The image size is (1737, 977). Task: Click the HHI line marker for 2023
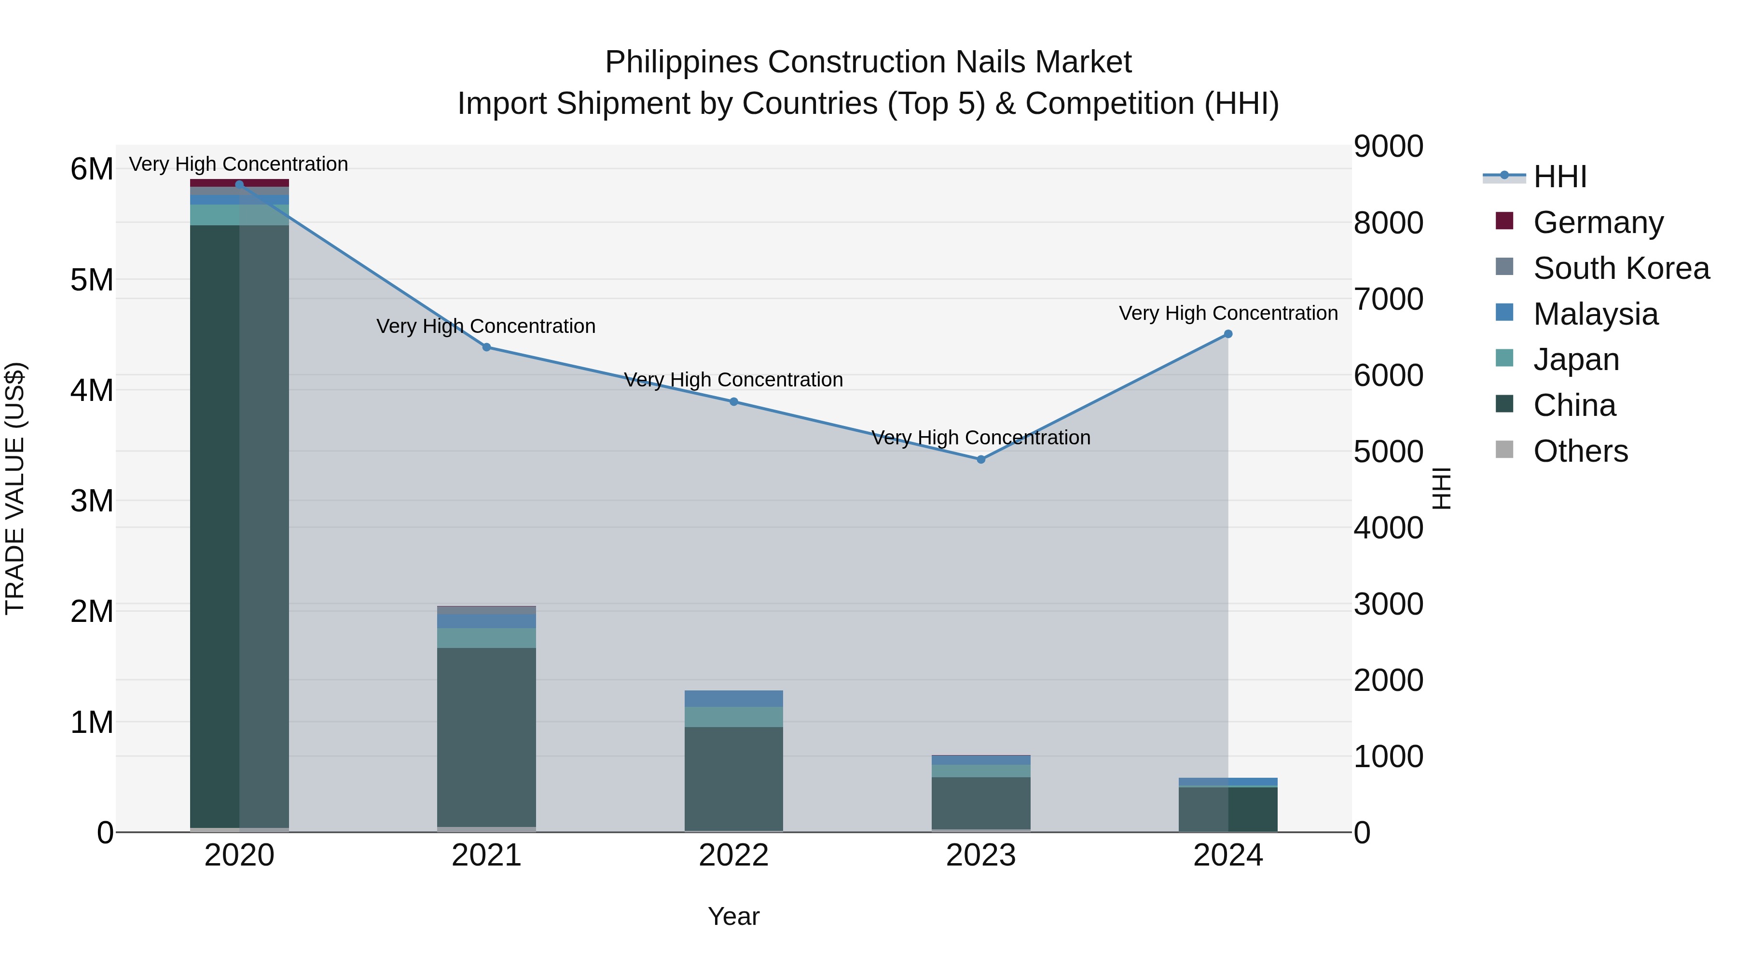click(981, 459)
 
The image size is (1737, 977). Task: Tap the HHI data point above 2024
click(1228, 334)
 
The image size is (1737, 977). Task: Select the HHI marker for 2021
click(486, 347)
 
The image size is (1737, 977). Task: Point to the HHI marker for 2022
click(733, 402)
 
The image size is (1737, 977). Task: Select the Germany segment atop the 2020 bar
click(239, 183)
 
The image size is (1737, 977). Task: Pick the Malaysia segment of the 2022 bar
click(733, 699)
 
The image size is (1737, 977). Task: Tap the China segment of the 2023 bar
click(981, 802)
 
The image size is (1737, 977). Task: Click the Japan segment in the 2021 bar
click(486, 638)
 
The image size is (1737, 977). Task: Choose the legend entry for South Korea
click(1621, 268)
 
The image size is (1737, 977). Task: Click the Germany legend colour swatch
click(1504, 221)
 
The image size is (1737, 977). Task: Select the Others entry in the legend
click(1580, 451)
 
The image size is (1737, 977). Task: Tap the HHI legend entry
click(1559, 177)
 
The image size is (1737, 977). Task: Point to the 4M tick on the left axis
click(92, 390)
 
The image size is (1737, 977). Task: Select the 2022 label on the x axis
click(733, 855)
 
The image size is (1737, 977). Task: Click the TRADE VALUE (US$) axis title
click(15, 488)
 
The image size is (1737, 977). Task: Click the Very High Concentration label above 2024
click(1228, 314)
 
